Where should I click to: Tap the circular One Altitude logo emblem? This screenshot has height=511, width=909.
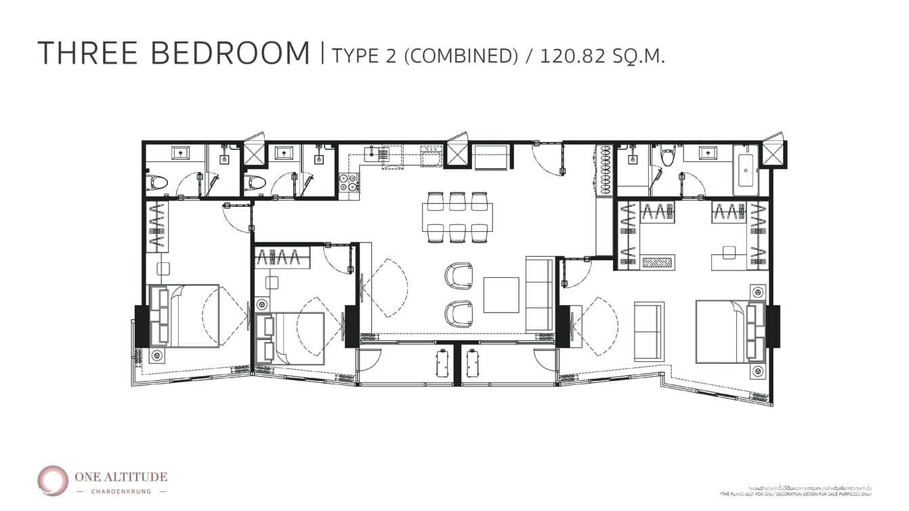tap(52, 480)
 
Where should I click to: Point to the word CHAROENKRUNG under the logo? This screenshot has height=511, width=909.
tap(122, 491)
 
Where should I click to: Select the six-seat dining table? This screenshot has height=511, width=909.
tap(458, 216)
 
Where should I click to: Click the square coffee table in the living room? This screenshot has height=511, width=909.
tap(501, 295)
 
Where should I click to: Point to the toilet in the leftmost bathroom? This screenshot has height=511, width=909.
tap(157, 182)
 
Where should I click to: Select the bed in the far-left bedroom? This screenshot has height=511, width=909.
tap(186, 316)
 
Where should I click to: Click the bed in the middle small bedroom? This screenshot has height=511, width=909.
tap(293, 338)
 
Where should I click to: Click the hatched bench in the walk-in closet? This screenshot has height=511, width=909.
tap(657, 262)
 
